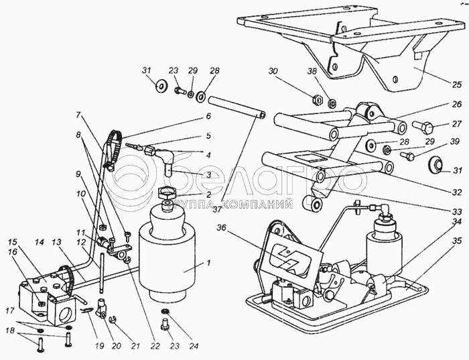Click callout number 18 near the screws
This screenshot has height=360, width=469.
[10, 331]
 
